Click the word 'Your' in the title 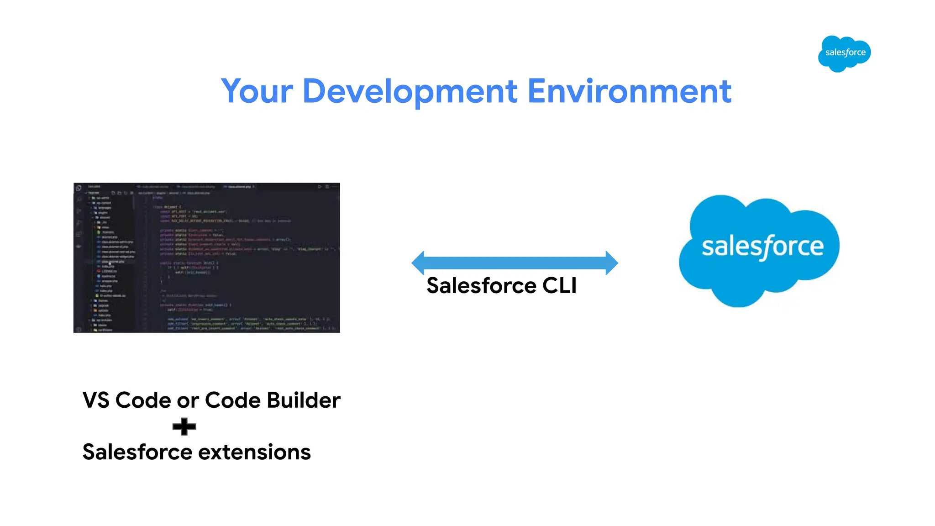(257, 91)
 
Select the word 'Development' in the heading (410, 91)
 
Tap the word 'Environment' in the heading (629, 91)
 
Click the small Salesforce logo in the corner (844, 53)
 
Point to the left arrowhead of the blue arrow (418, 263)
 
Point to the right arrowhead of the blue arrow (611, 263)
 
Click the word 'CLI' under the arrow (559, 286)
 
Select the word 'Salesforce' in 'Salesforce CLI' (481, 286)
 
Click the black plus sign (184, 426)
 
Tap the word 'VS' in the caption (96, 400)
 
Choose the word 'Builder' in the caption (303, 400)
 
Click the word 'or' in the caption (188, 401)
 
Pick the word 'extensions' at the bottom (254, 452)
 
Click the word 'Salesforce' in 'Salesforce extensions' (137, 452)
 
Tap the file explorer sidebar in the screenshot (110, 260)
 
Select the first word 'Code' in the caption (144, 400)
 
